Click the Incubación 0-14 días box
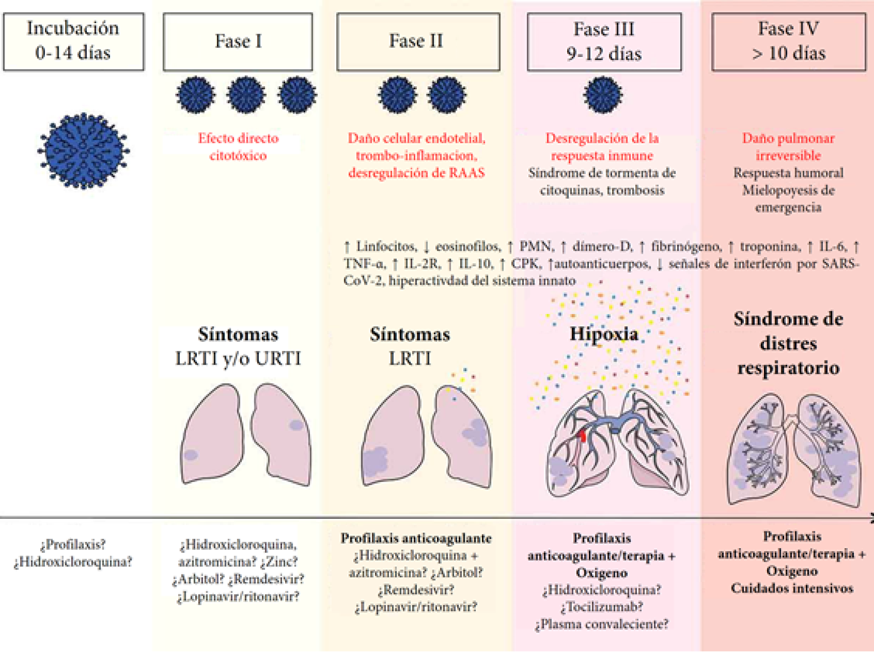73,41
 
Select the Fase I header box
238,41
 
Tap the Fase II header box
418,41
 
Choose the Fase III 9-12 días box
604,41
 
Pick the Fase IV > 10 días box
788,41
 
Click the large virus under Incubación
83,151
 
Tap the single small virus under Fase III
603,95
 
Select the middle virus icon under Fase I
246,95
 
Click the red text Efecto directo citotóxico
238,147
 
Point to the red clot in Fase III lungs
582,435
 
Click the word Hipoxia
604,334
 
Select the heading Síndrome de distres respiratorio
788,343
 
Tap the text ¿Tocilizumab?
602,607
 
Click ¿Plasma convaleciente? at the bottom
602,624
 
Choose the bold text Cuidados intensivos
792,588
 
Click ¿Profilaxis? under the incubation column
73,545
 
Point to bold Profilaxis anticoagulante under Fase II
416,539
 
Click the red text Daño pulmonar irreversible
788,147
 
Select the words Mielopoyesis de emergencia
788,199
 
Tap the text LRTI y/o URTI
238,359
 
